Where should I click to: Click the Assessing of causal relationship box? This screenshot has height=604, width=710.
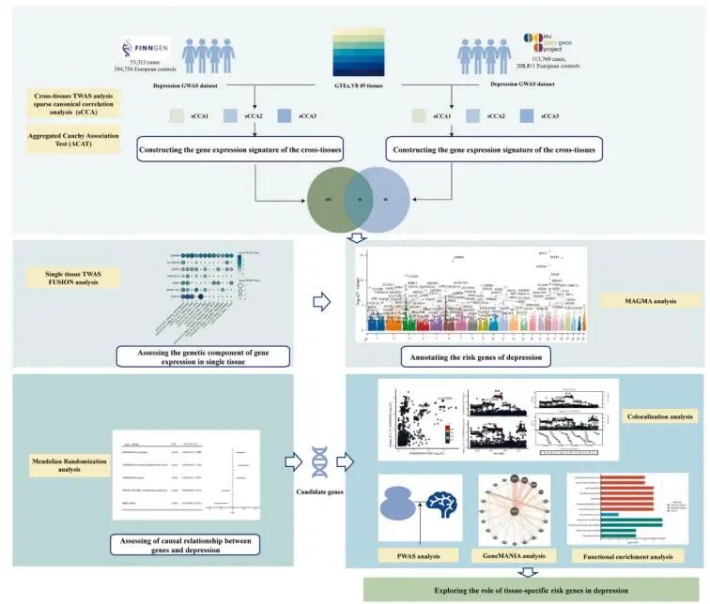[x=185, y=545]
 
